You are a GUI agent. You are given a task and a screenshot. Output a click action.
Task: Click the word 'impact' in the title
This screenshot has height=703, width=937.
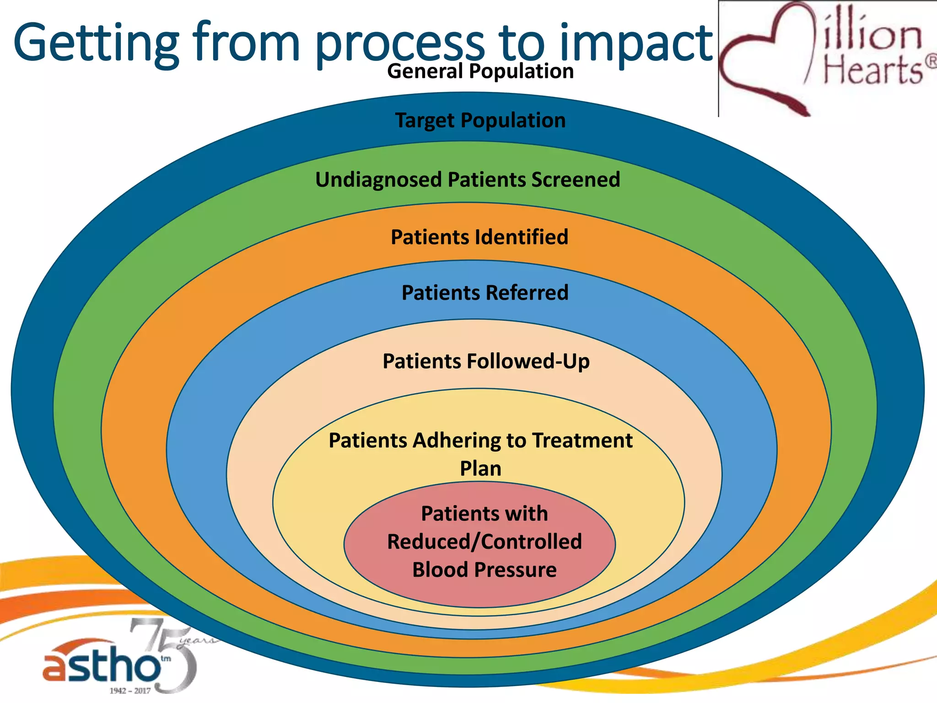tap(636, 43)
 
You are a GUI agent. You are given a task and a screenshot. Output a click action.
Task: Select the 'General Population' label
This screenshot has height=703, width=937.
tap(480, 71)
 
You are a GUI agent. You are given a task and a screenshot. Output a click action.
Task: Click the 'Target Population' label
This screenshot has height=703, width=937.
tap(480, 120)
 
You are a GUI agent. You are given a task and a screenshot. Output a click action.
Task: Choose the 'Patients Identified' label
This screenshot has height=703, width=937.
tap(479, 237)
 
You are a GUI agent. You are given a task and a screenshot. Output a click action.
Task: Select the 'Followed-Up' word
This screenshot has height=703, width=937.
tap(528, 361)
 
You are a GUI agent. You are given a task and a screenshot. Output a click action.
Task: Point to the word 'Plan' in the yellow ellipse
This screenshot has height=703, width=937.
tap(480, 469)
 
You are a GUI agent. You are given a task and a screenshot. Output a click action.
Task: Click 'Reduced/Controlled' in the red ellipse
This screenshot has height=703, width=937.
tap(484, 542)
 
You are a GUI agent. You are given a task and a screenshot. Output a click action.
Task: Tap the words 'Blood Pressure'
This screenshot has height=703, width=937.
tap(484, 570)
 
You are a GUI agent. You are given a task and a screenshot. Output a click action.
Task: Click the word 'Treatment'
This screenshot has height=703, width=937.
tap(582, 441)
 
